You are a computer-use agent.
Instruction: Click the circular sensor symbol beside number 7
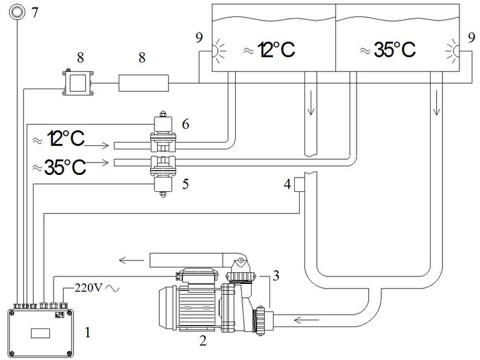17,12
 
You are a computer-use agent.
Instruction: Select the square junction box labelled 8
77,83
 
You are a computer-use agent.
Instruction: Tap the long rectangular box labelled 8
143,83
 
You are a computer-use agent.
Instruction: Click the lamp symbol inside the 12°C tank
219,51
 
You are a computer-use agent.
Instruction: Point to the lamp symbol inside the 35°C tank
453,51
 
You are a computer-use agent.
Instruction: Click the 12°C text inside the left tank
269,50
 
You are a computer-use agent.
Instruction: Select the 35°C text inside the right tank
388,50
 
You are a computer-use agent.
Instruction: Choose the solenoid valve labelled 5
163,176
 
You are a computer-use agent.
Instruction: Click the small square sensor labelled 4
299,184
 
